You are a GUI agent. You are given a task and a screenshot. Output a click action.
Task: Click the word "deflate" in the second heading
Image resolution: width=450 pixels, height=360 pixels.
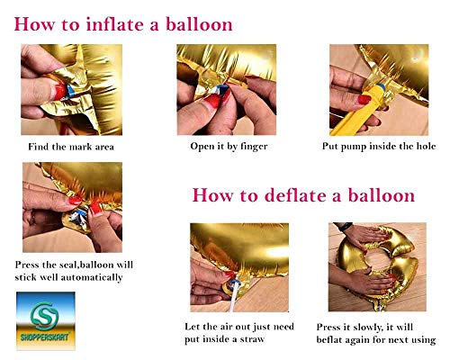(296, 195)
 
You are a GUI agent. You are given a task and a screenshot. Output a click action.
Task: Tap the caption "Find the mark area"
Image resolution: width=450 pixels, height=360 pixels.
(71, 147)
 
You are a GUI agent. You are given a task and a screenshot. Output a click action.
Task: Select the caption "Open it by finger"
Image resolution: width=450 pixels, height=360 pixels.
(229, 147)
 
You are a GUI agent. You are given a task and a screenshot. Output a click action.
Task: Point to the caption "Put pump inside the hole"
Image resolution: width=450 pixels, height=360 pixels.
(379, 147)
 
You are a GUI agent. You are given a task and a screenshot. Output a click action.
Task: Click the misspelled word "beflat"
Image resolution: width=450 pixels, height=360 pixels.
(329, 340)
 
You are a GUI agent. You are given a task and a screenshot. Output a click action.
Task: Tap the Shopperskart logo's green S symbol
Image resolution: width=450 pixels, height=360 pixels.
(45, 316)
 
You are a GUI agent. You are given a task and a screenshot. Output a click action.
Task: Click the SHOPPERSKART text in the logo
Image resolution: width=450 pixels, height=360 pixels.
(45, 337)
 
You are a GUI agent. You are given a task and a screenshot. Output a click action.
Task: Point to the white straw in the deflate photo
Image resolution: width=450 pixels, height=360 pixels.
(235, 297)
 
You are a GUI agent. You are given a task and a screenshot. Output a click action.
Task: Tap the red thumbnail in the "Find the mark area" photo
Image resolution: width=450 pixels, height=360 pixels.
(59, 91)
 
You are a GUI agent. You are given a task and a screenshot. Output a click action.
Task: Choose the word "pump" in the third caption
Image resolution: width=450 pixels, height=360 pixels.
(355, 147)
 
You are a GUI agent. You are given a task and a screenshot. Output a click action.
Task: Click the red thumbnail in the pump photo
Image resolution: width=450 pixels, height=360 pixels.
(364, 100)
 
